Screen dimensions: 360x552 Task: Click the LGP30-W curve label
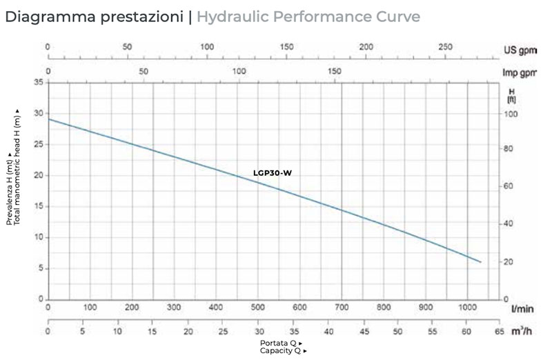pos(273,173)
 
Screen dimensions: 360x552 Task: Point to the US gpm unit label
pos(519,51)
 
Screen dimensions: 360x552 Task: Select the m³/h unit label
pos(522,332)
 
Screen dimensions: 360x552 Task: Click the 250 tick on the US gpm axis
pos(445,46)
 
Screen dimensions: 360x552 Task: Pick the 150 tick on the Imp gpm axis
pos(335,71)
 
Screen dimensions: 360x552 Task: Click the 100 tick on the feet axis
pos(511,113)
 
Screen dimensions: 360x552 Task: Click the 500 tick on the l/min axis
pos(257,308)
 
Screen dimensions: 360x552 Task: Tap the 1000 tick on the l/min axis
pos(467,308)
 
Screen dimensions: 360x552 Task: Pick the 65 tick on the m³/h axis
pos(498,332)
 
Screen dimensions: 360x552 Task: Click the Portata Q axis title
pos(280,343)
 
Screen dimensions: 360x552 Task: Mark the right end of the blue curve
pos(481,262)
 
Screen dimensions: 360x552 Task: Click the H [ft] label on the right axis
pos(511,95)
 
